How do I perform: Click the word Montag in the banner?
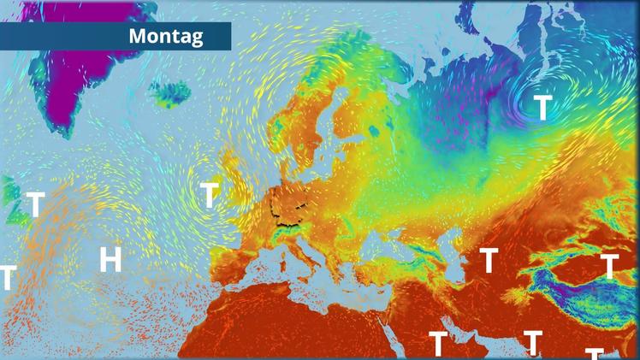coord(166,36)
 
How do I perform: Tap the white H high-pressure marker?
coord(110,259)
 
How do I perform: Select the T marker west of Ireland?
coord(210,195)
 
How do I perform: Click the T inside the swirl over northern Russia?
coord(543,108)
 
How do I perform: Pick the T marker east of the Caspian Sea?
coord(489,260)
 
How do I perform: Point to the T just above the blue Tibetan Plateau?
coord(609,267)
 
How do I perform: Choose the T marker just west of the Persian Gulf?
coord(437,344)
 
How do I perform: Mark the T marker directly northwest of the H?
coord(35,205)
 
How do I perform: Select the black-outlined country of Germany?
coord(289,205)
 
